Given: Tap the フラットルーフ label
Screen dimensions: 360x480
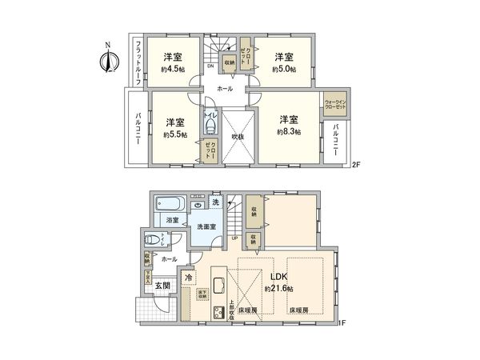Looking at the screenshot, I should [138, 62].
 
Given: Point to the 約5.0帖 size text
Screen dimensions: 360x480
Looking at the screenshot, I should [284, 70].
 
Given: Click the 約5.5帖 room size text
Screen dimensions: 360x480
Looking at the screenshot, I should [175, 135].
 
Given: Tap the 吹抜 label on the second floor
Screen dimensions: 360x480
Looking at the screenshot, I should [238, 137].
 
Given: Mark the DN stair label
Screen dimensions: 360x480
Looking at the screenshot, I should [210, 66].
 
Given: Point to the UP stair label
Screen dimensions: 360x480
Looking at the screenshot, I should [234, 238].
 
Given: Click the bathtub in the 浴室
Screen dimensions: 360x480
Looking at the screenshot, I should [169, 203].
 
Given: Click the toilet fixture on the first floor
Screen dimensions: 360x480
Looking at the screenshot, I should [152, 239].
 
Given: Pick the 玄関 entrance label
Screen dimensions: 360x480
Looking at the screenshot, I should [163, 286].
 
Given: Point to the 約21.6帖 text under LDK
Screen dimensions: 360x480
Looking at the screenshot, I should [279, 287].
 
